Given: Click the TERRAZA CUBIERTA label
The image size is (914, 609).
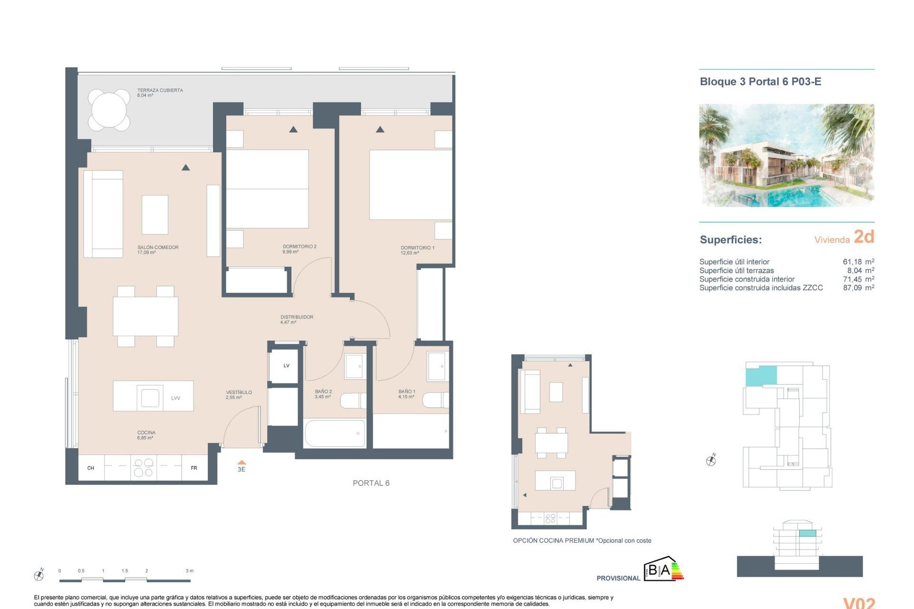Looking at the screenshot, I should coord(159,90).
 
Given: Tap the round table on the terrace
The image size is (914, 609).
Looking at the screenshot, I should coord(109,110).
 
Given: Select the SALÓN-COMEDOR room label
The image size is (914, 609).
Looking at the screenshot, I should coord(158,247).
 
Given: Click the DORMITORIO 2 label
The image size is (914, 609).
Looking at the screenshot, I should coord(299,246).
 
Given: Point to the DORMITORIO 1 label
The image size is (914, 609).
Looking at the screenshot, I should coord(417,248).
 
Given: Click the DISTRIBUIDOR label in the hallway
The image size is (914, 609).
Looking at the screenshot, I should coord(297,317).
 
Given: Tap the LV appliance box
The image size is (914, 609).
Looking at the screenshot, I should coord(286,366).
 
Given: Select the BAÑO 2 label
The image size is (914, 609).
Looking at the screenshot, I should coord(323,392).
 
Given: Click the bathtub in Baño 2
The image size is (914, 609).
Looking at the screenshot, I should coord(335,433).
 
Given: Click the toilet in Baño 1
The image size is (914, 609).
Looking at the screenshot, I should coord(436,400).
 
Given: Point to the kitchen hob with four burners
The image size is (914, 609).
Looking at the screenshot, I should coord(143,467).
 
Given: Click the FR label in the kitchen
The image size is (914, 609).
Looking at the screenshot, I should coord(194,468).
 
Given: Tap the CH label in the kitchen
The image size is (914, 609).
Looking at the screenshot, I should coord(90,468).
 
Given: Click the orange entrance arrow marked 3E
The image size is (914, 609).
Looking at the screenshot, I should coord(241,462).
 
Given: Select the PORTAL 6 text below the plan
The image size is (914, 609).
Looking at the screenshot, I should coord(371,483).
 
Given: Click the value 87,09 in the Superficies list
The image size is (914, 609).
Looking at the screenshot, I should coord(852,288).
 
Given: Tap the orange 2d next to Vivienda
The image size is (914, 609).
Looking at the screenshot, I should coord(864,236).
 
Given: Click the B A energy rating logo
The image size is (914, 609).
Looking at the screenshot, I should coord(663,569).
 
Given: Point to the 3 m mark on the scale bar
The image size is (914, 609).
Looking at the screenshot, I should coord(189,570).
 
